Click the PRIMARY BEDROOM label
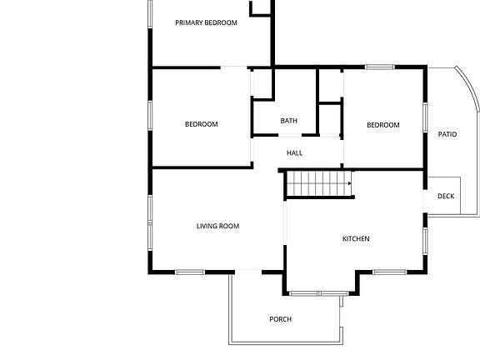206,22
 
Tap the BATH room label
288,121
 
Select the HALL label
294,152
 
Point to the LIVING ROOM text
217,226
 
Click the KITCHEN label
356,238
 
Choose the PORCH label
280,319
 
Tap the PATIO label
447,134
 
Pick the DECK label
446,196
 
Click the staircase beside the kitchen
320,183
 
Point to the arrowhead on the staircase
350,183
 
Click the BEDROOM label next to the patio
383,125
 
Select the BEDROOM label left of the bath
202,124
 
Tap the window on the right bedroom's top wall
380,67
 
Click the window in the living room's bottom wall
190,272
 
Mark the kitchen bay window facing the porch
318,293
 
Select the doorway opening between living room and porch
248,272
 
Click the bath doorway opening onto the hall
290,135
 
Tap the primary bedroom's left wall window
150,14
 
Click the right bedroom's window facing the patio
425,117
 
